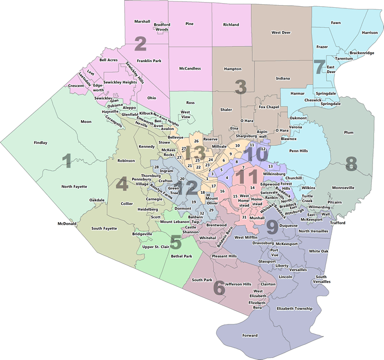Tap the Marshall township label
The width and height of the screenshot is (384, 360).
(x=142, y=21)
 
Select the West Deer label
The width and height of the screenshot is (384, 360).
(x=281, y=32)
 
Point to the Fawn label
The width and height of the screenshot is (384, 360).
(x=336, y=22)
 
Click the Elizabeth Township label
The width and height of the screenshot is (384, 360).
(x=294, y=308)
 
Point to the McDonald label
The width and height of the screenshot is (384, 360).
(x=67, y=224)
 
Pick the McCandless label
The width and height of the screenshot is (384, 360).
(x=190, y=68)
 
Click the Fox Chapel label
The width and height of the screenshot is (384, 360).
(x=269, y=107)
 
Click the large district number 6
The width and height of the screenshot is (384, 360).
(x=219, y=287)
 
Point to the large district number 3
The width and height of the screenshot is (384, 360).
(x=240, y=86)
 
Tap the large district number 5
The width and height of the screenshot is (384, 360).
(x=176, y=242)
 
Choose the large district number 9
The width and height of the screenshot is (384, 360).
(x=272, y=227)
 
